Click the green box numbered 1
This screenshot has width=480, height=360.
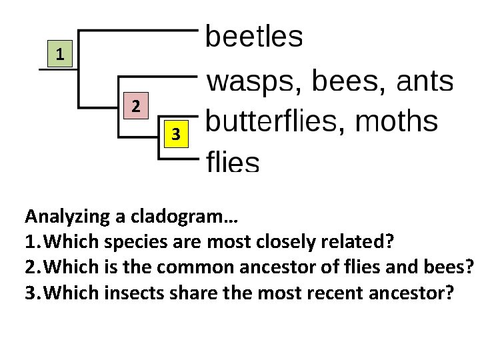[x=60, y=54]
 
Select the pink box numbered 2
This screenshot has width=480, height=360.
[x=135, y=106]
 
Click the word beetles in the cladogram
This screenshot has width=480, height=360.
[x=253, y=37]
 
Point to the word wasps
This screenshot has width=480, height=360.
[x=251, y=83]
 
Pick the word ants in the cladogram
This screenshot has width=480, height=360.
[x=425, y=82]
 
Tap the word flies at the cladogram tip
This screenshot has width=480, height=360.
[x=233, y=161]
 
